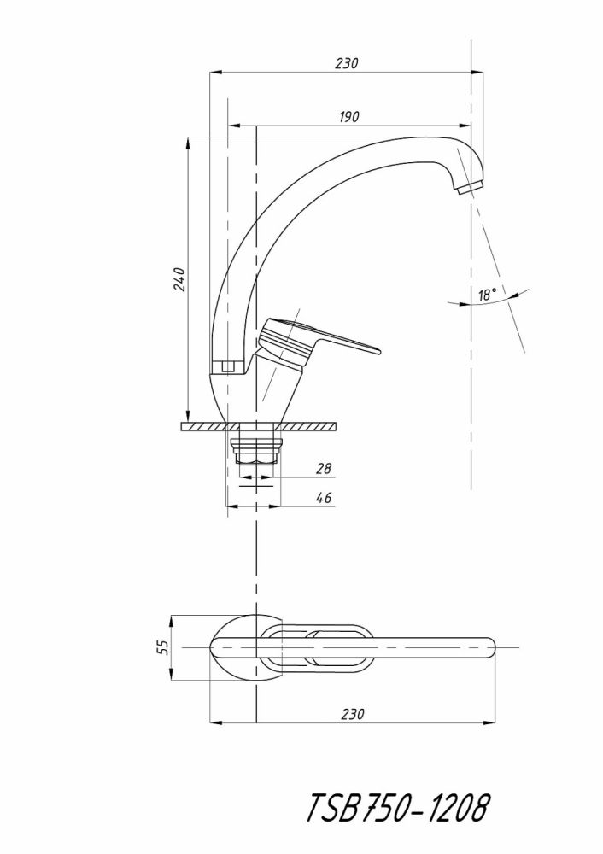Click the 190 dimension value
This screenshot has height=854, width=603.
(x=348, y=117)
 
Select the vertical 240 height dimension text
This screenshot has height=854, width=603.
(x=179, y=279)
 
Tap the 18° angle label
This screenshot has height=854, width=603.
(x=488, y=295)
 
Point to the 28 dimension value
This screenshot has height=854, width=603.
(x=324, y=469)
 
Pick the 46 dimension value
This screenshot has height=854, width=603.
(x=324, y=498)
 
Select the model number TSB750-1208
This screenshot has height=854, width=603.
(x=398, y=807)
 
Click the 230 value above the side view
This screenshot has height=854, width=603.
(x=346, y=63)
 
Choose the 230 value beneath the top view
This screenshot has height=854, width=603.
(x=353, y=713)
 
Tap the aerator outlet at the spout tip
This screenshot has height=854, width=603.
(x=470, y=187)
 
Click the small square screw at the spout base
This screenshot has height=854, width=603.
(x=226, y=367)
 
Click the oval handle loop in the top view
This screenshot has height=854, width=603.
(x=316, y=648)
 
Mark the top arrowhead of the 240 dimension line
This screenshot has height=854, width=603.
(x=188, y=142)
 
